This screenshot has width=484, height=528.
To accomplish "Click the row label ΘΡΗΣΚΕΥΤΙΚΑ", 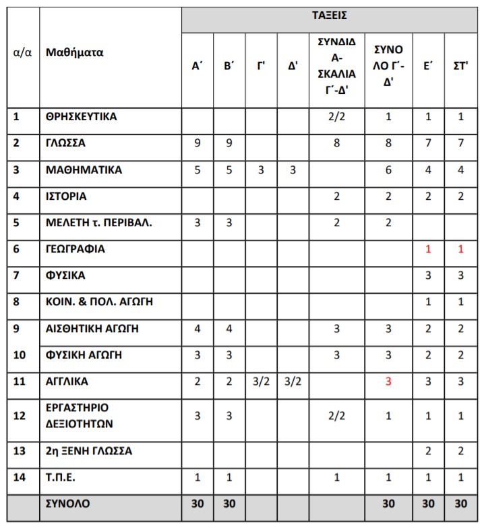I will point(81,116).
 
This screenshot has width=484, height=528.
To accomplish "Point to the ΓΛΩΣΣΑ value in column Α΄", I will point(198,143).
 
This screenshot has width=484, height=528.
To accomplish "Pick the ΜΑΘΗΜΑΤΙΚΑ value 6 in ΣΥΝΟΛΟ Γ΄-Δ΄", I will point(388,169).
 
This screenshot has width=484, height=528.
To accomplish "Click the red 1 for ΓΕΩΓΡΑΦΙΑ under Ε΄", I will point(428,249).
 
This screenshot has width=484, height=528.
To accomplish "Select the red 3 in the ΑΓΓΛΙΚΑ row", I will point(388,381).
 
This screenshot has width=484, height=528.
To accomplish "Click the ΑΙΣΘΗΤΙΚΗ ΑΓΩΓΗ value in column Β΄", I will point(229,329).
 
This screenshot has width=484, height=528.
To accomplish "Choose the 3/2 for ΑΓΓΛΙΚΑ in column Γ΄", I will point(261,381).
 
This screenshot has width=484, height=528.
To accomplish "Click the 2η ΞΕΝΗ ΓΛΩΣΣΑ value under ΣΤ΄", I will point(460,450).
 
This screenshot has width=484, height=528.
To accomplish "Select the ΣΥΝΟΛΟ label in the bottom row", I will point(67,503).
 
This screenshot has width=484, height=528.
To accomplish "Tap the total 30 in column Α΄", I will point(198,504).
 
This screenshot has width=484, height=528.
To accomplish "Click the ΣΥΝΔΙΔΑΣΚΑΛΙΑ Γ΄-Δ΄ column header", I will point(336,65).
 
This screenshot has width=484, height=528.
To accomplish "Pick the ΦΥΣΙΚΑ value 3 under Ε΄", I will point(428,275).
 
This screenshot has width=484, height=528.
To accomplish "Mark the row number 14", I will point(20,477).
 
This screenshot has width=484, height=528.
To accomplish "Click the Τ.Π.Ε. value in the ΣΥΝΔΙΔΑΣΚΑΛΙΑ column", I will point(336,477).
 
